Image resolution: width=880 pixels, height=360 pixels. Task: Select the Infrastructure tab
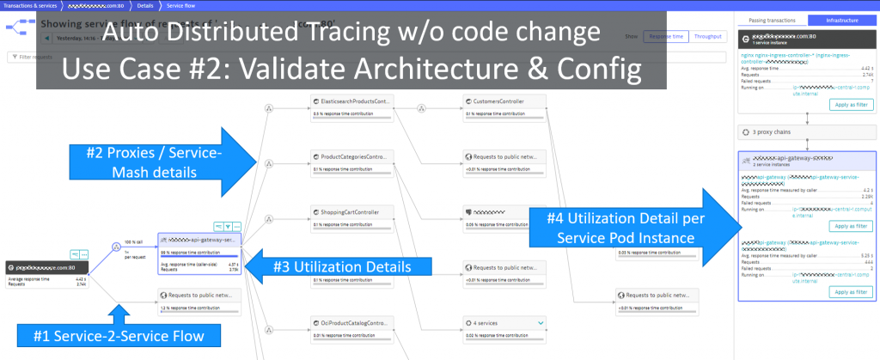(841, 19)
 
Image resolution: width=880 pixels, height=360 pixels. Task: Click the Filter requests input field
(26, 57)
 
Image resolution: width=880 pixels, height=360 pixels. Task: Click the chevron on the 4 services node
(540, 322)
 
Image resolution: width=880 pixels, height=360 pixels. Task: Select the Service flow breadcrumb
(181, 4)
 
